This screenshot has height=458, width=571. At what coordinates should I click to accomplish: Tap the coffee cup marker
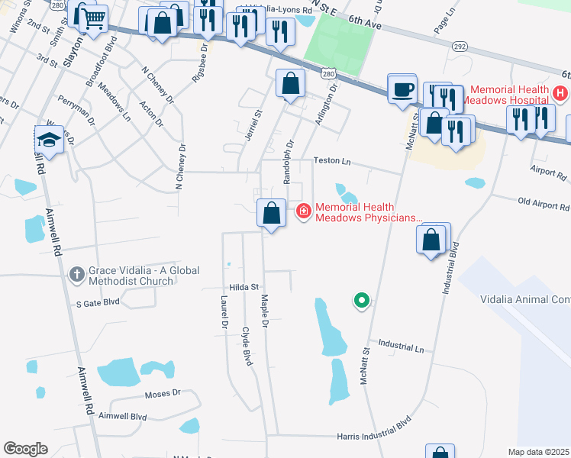tap(402, 89)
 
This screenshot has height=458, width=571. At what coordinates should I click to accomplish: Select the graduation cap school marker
tap(49, 139)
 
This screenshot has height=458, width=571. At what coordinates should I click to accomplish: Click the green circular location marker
tap(362, 301)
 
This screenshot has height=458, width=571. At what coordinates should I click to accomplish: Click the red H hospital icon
tap(560, 94)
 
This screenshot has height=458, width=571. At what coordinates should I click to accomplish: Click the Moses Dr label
tap(163, 394)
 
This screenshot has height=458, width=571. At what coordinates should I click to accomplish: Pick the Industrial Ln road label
tap(400, 347)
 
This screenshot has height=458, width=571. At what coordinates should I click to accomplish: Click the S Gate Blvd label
tap(98, 302)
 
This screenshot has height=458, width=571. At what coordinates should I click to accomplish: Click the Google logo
tap(25, 449)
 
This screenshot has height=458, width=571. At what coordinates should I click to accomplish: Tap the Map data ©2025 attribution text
tap(539, 452)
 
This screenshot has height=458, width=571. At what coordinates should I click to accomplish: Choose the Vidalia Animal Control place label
tap(525, 300)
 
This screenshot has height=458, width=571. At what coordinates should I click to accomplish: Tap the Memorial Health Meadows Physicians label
tap(368, 212)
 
